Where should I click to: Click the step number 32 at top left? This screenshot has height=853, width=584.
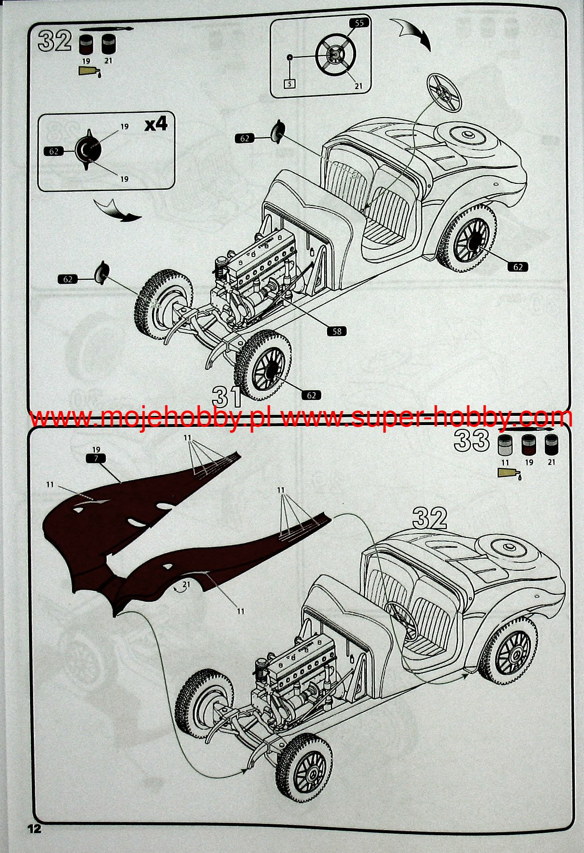pyautogui.click(x=55, y=41)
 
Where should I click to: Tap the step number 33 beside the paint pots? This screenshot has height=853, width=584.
pyautogui.click(x=472, y=441)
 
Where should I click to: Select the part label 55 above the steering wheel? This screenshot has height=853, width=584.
pyautogui.click(x=359, y=23)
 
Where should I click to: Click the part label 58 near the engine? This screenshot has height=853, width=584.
pyautogui.click(x=337, y=331)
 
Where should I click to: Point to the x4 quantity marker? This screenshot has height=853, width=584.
pyautogui.click(x=156, y=124)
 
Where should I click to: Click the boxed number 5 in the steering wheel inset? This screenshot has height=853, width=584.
pyautogui.click(x=290, y=84)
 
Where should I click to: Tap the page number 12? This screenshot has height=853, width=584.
pyautogui.click(x=34, y=828)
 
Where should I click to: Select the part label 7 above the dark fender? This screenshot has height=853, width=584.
pyautogui.click(x=96, y=458)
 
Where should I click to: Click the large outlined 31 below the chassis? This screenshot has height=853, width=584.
pyautogui.click(x=227, y=396)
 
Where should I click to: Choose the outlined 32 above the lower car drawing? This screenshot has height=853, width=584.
pyautogui.click(x=430, y=518)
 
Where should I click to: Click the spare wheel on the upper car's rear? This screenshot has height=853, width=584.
pyautogui.click(x=466, y=136)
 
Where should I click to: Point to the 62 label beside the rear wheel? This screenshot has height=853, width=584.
pyautogui.click(x=518, y=267)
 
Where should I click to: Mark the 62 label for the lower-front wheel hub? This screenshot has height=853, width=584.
pyautogui.click(x=311, y=396)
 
